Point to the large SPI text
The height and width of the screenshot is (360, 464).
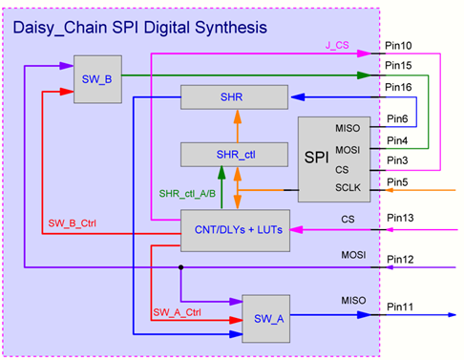(x=317, y=157)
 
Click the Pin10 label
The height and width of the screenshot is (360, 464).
(x=398, y=46)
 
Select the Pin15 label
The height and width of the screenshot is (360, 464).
(x=398, y=65)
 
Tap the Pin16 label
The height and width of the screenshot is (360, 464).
(x=398, y=87)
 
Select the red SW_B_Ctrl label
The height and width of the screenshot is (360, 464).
(x=75, y=224)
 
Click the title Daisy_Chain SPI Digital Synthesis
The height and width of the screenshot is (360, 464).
(x=138, y=28)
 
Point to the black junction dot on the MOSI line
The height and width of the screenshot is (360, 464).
(x=180, y=267)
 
